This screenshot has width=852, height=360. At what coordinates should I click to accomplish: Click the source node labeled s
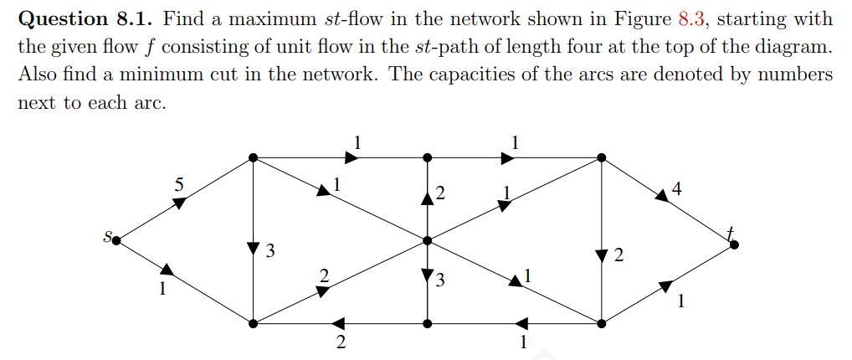(115, 240)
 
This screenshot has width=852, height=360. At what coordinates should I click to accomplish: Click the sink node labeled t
(733, 244)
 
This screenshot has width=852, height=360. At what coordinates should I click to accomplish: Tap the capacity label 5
(178, 184)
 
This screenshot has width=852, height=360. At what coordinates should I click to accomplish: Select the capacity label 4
(676, 189)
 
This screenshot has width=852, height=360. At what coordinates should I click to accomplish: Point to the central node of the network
(428, 240)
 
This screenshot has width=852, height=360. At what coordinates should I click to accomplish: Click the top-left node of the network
(254, 157)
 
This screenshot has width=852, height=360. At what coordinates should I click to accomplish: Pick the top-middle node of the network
(428, 157)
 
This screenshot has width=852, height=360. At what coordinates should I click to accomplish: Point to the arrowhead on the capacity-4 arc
(662, 194)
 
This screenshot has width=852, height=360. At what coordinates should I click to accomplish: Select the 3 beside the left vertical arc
(269, 249)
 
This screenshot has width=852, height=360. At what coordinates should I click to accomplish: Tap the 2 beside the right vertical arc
(618, 255)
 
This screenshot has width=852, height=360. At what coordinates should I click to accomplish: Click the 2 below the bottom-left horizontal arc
(340, 342)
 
